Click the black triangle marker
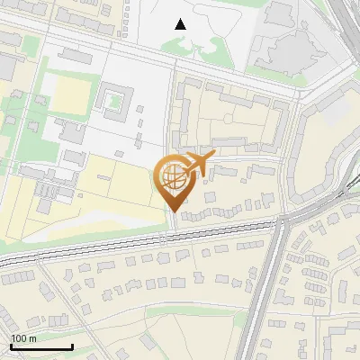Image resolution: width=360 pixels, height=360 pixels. (181, 24)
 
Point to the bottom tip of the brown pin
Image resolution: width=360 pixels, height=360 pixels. (172, 211)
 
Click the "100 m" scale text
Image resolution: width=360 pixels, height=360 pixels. (23, 338)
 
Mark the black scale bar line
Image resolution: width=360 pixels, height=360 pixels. (41, 346)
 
